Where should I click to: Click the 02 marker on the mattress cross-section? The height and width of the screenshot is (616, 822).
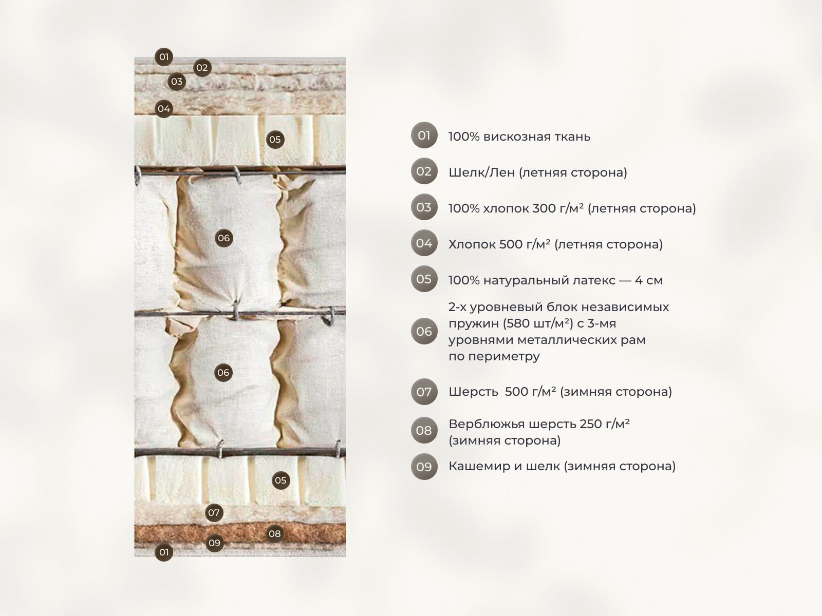(x=202, y=68)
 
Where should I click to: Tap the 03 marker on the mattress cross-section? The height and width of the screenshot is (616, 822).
(x=177, y=82)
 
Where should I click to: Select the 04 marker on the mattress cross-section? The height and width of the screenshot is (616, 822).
(x=164, y=109)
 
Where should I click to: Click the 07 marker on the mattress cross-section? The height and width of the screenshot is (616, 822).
(x=214, y=512)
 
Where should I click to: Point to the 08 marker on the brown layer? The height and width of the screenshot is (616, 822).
(x=275, y=534)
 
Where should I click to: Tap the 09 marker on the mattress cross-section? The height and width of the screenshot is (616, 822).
(x=215, y=543)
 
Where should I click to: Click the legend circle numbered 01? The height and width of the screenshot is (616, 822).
(x=424, y=135)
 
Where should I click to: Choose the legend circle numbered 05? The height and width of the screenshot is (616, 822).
(x=424, y=279)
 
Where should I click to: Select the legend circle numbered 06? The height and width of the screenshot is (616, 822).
(x=424, y=331)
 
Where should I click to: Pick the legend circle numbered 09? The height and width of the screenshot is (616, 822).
(x=424, y=467)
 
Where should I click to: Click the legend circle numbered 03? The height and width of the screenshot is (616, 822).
(x=424, y=207)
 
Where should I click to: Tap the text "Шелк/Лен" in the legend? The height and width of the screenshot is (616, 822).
(x=481, y=172)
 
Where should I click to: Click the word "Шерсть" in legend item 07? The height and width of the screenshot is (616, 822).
(x=473, y=392)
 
